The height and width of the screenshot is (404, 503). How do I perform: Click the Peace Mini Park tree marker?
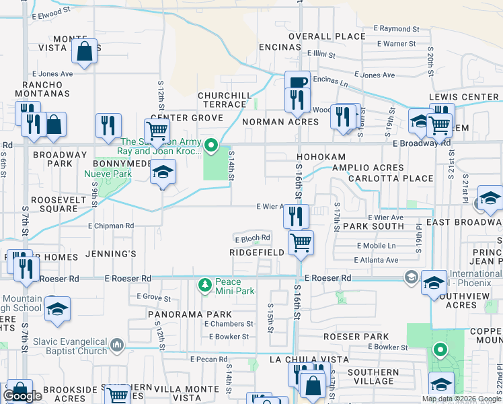[204, 286]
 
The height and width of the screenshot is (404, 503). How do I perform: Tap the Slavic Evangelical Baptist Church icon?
[118, 345]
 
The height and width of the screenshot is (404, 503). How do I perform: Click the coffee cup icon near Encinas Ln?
[297, 81]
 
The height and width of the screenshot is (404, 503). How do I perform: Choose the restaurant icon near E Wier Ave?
[297, 215]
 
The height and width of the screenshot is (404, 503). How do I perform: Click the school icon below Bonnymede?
[162, 172]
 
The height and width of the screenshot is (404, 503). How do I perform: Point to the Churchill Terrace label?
[223, 100]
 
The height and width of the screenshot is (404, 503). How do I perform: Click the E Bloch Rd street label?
[252, 238]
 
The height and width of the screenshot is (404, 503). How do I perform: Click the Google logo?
[22, 396]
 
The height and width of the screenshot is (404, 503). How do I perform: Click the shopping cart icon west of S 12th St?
[156, 129]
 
